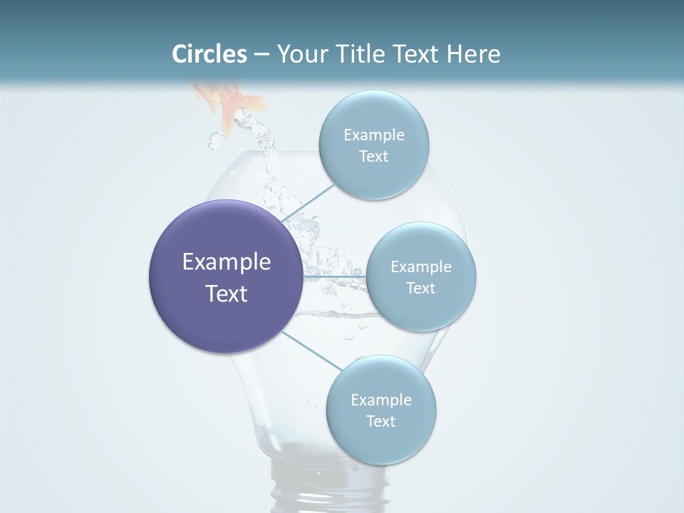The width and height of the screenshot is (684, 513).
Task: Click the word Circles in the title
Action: (x=209, y=54)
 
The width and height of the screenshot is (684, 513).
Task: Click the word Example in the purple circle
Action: (x=227, y=262)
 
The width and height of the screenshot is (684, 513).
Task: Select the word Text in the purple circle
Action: (x=227, y=294)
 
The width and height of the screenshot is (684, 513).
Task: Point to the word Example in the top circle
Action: (x=374, y=135)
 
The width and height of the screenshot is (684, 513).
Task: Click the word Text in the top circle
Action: (x=373, y=157)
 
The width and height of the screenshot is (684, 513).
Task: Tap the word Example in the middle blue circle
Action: (x=421, y=266)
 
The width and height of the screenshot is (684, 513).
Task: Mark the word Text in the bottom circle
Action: (x=380, y=421)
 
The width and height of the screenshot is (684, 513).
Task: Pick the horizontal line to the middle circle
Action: (x=335, y=276)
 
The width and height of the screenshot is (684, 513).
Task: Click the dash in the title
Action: (x=261, y=55)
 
